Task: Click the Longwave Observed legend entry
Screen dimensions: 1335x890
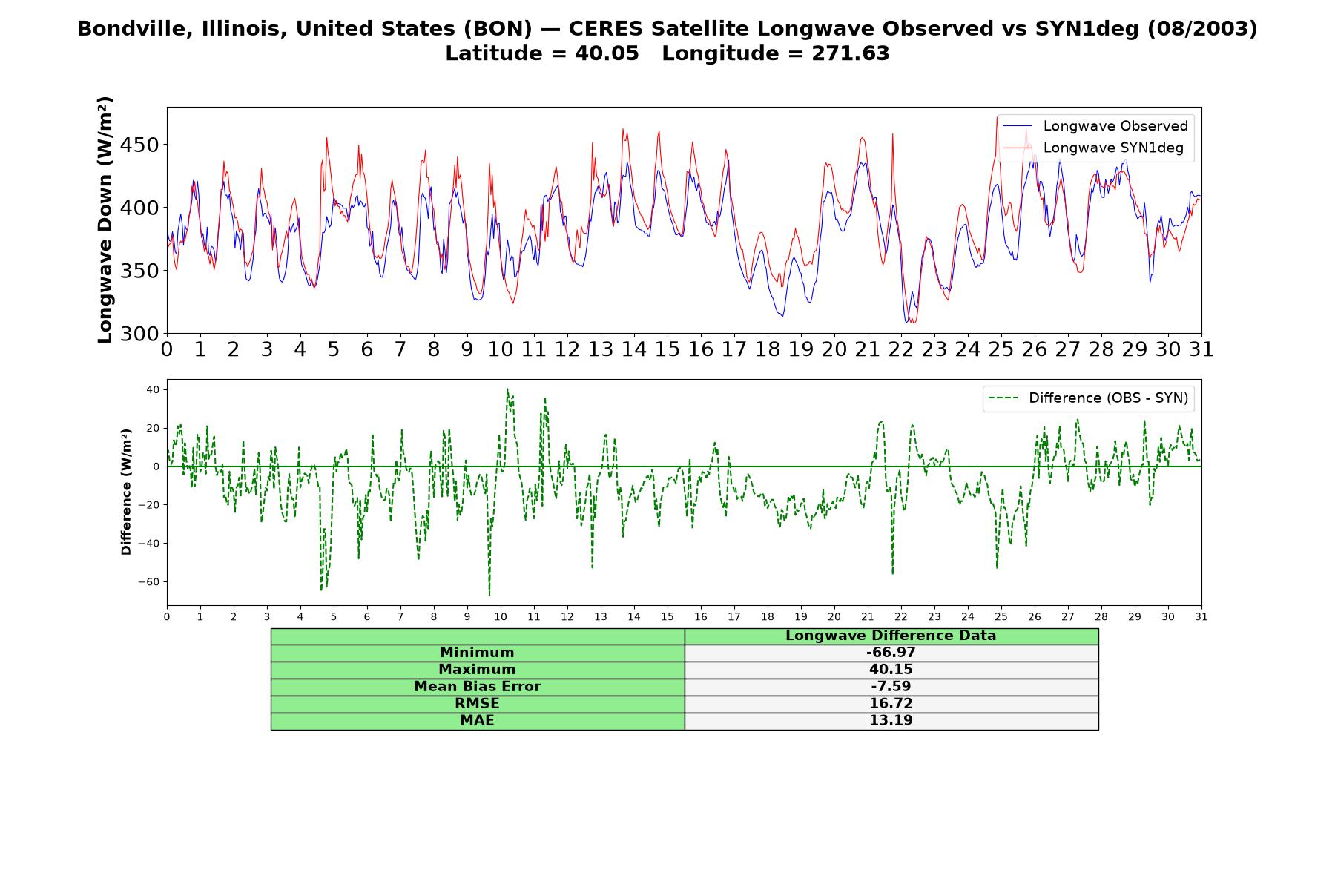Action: point(1095,126)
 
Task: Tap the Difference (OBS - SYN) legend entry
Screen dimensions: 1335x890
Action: point(1088,398)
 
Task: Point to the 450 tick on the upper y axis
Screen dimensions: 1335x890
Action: point(139,145)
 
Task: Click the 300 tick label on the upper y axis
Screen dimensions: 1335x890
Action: point(139,334)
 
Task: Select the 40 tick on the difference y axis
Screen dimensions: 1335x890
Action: point(154,389)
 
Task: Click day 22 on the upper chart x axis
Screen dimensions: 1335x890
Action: point(901,349)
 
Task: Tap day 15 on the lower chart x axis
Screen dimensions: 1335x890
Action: point(667,617)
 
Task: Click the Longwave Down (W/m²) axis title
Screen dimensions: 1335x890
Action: point(105,220)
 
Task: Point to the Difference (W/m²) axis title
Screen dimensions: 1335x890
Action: point(126,492)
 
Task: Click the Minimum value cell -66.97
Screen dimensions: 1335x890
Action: point(891,653)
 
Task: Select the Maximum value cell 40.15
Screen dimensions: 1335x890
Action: point(891,670)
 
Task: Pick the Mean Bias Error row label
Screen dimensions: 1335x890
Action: point(477,687)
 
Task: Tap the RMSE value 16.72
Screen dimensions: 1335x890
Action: point(891,704)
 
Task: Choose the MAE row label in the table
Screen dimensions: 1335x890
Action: point(477,721)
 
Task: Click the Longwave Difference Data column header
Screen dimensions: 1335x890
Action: point(891,636)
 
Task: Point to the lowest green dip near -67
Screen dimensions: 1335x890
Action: point(489,595)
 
